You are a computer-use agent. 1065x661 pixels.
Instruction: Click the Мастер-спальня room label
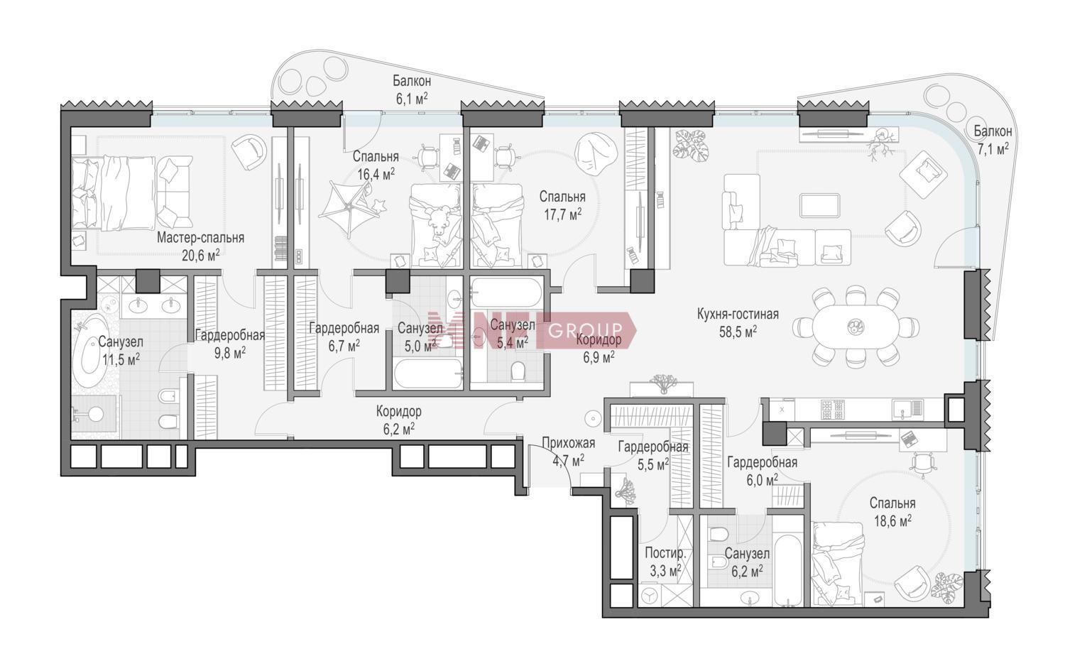[x=201, y=238]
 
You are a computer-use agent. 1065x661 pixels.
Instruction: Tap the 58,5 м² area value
[x=738, y=332]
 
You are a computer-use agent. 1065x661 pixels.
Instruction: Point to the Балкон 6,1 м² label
[x=412, y=89]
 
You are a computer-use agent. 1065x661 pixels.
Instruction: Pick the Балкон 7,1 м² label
[x=993, y=140]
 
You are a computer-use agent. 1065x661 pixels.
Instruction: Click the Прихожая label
[x=569, y=443]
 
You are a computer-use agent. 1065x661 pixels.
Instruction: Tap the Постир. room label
[x=666, y=553]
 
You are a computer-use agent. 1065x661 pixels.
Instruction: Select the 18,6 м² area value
[x=892, y=521]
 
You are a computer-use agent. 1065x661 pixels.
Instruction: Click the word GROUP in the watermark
[x=585, y=329]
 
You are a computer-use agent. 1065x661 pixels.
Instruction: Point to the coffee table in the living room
[x=819, y=205]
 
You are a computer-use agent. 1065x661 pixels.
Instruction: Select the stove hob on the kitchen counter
[x=834, y=409]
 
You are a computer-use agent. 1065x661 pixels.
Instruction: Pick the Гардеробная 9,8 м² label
[x=229, y=344]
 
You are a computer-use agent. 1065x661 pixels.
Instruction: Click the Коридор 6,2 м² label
[x=398, y=420]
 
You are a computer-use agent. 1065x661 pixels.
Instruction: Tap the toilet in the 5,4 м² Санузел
[x=518, y=371]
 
